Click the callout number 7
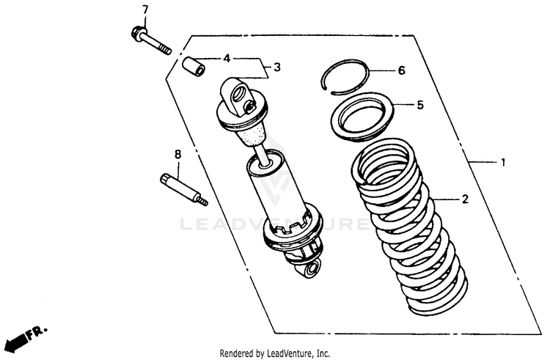144,10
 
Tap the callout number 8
177,154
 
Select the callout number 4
227,58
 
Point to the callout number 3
276,68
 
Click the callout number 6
401,71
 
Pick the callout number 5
420,105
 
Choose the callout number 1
503,163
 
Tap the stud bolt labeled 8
183,189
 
